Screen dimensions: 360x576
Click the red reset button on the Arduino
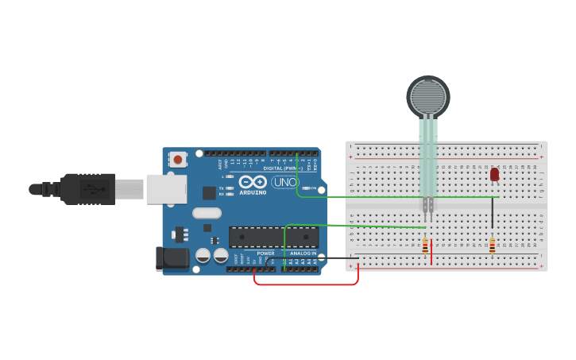pyautogui.click(x=178, y=160)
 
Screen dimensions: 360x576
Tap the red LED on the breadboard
pyautogui.click(x=494, y=174)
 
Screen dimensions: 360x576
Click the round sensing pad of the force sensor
pyautogui.click(x=428, y=97)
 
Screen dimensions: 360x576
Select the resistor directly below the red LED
pyautogui.click(x=492, y=246)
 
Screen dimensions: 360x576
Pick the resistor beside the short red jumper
pyautogui.click(x=425, y=246)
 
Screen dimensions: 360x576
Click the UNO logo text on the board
pyautogui.click(x=284, y=182)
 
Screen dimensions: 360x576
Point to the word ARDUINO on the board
pyautogui.click(x=253, y=192)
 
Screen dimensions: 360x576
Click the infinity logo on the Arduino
pyautogui.click(x=253, y=182)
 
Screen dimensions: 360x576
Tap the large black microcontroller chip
pyautogui.click(x=273, y=237)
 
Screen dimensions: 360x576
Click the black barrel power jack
pyautogui.click(x=172, y=258)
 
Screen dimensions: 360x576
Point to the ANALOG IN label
pyautogui.click(x=302, y=254)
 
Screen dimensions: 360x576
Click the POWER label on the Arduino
pyautogui.click(x=265, y=254)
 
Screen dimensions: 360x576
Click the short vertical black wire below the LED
pyautogui.click(x=493, y=213)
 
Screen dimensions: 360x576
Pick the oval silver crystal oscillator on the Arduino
pyautogui.click(x=207, y=213)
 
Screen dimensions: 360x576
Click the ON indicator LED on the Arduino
pyautogui.click(x=304, y=188)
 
